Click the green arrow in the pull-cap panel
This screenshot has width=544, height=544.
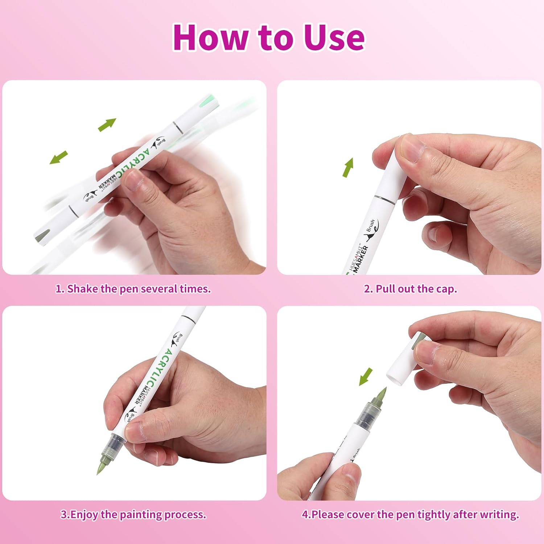coord(348,168)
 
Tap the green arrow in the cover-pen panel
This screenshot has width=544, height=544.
coord(366,377)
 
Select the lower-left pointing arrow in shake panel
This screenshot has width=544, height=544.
coord(58,157)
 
